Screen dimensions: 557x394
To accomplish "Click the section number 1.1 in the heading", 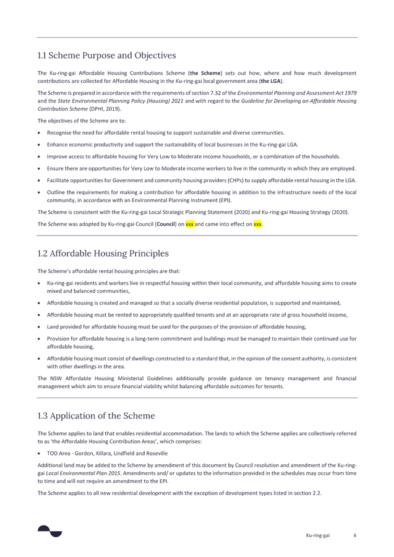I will (42, 56).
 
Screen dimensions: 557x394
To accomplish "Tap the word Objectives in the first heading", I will (152, 56).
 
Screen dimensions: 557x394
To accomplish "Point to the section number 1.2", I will (42, 253).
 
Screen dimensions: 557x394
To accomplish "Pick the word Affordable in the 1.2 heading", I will (71, 253).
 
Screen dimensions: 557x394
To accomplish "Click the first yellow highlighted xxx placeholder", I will (190, 224).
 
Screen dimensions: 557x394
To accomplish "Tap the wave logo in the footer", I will (49, 530).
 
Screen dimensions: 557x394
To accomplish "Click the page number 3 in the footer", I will (355, 535).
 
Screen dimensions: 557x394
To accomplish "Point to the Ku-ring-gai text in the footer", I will (317, 535).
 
